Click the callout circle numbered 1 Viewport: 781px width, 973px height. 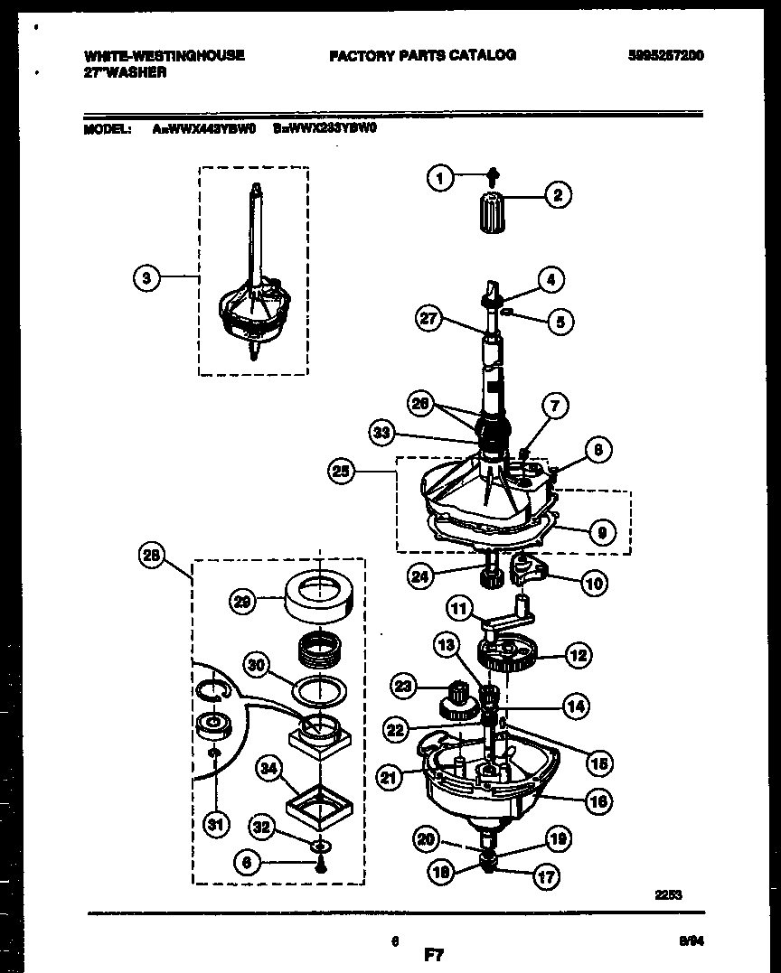click(440, 179)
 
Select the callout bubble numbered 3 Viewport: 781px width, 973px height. click(147, 278)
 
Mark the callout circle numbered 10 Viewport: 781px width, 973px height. click(593, 584)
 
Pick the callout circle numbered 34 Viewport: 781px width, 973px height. click(268, 770)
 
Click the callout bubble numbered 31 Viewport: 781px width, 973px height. click(215, 823)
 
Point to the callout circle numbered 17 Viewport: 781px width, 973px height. click(546, 875)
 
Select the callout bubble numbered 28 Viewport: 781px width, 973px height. click(153, 557)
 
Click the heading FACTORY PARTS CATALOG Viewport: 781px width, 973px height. click(422, 55)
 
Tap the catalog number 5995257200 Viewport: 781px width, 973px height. click(666, 55)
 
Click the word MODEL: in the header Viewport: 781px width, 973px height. click(108, 128)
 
